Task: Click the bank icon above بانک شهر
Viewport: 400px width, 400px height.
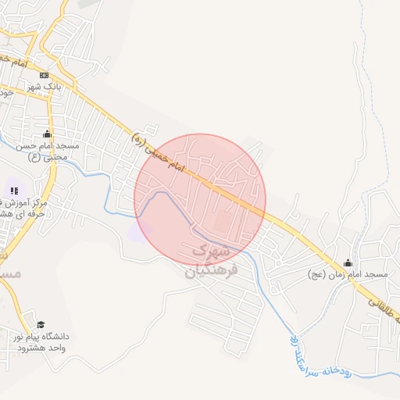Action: click(x=44, y=75)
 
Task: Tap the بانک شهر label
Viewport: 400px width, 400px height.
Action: click(x=44, y=86)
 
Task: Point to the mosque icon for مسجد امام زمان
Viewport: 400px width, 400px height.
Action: click(x=348, y=263)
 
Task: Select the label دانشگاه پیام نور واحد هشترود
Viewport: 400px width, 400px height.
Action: click(x=41, y=341)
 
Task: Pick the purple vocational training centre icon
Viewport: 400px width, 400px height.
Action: click(x=14, y=191)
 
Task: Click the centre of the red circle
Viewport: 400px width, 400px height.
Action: click(x=200, y=200)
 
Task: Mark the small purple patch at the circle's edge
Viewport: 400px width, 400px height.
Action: click(x=140, y=231)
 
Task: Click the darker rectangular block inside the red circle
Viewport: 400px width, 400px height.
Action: click(x=223, y=223)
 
